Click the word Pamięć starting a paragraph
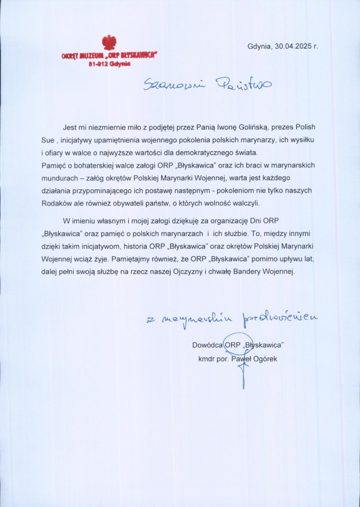[54, 166]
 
